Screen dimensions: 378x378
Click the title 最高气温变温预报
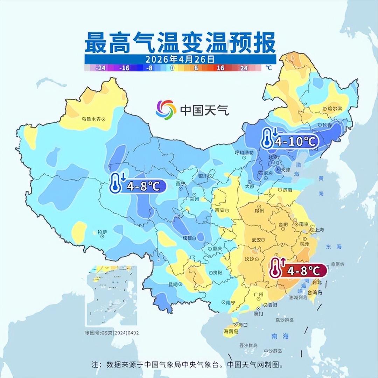[x=180, y=43]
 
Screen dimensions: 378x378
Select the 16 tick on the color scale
[x=220, y=68]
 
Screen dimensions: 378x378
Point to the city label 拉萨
[x=101, y=232]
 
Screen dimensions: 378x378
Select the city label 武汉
[x=257, y=240]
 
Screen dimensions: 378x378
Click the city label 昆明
[x=173, y=284]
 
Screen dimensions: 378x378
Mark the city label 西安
[x=220, y=210]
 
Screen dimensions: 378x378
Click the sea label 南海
[x=280, y=336]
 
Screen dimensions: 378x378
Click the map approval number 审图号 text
[x=112, y=332]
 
